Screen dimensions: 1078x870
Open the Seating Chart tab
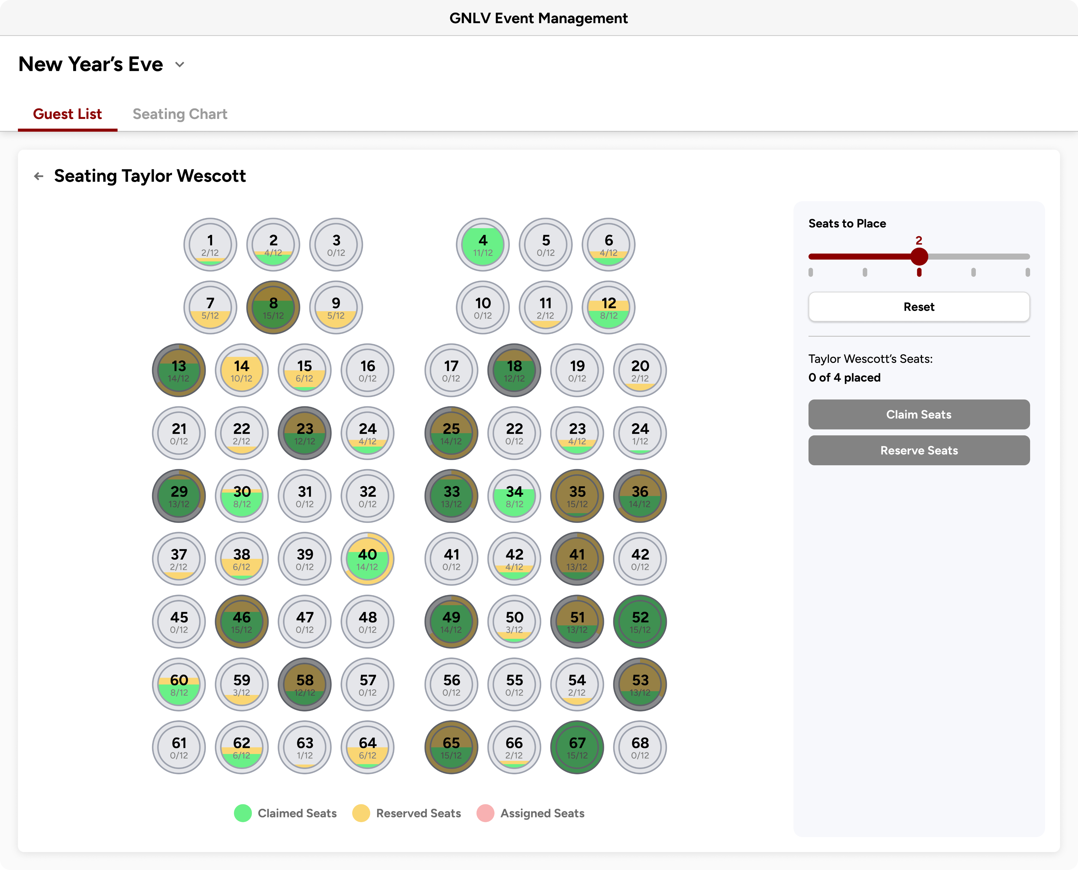(180, 114)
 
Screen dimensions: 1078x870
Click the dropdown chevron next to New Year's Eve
(179, 65)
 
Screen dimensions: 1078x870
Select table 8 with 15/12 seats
(273, 307)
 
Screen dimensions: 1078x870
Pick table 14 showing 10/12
(242, 370)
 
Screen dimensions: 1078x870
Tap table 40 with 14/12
(367, 559)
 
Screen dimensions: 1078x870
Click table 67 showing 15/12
(577, 747)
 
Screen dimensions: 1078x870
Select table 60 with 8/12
(179, 685)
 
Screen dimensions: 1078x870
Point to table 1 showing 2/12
(210, 245)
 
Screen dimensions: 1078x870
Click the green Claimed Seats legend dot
(243, 813)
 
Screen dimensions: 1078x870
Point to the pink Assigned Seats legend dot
(485, 813)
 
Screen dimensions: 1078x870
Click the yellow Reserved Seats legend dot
(361, 813)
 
